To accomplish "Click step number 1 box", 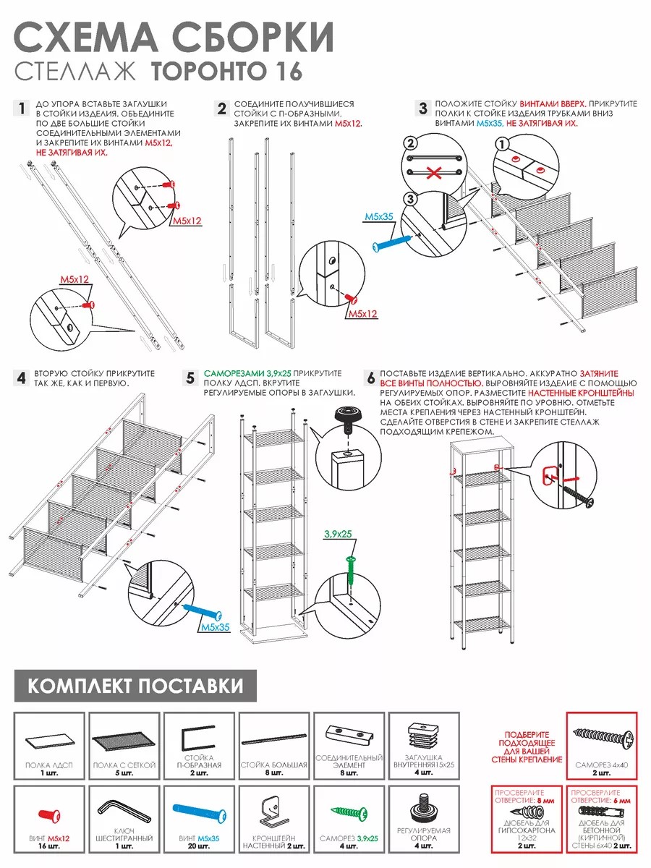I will (22, 109).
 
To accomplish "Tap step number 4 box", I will (22, 378).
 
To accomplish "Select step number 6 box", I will (370, 378).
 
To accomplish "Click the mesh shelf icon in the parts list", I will (124, 742).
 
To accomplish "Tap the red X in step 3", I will (433, 173).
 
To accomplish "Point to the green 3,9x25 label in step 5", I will (337, 533).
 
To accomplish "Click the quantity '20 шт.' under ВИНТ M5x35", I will (198, 846).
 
